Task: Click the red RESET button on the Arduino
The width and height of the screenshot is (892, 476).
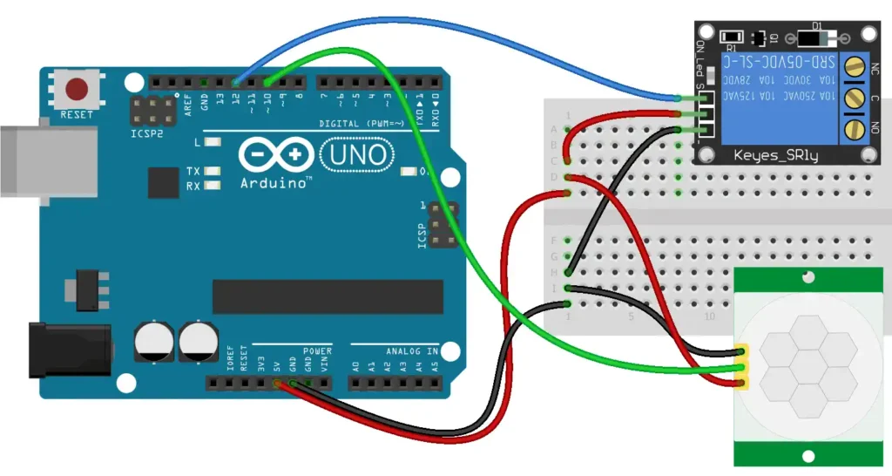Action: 78,89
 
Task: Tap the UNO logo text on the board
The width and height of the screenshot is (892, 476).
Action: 355,155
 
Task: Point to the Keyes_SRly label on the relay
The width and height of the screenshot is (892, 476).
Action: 779,154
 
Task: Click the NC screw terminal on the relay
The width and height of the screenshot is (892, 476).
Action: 856,65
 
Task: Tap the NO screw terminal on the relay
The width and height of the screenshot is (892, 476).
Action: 856,129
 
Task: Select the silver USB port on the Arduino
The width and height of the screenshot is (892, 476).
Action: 48,160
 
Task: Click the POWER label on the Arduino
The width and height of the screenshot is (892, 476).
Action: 317,351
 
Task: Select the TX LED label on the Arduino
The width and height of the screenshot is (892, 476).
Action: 193,171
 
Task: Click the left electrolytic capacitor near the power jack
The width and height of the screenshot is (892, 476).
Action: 152,343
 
